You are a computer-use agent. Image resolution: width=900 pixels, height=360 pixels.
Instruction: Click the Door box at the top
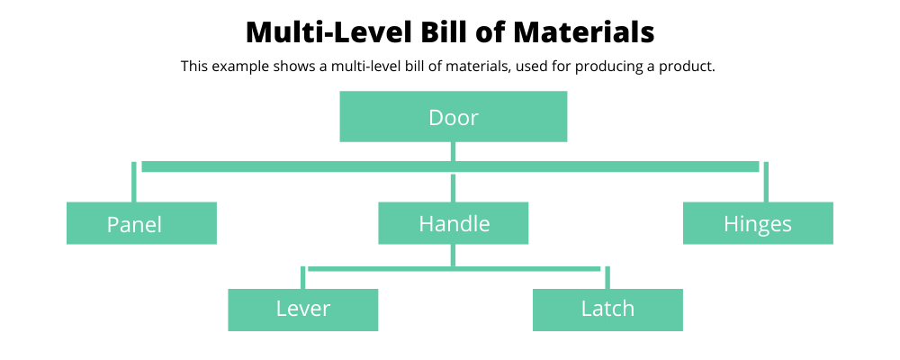(454, 117)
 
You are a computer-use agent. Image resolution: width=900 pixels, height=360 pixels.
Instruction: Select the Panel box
(142, 223)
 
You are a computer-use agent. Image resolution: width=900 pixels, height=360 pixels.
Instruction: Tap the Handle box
(454, 223)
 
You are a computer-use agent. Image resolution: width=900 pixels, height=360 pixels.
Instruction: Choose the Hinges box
(758, 223)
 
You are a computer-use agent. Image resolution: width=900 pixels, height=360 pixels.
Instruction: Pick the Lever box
(303, 310)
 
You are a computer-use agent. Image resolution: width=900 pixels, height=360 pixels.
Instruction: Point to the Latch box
(607, 310)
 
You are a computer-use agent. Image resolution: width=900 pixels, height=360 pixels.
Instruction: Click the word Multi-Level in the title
(328, 32)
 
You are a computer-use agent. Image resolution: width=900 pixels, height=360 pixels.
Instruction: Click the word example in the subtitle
(241, 67)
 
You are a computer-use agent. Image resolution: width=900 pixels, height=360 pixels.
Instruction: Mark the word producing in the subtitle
(606, 67)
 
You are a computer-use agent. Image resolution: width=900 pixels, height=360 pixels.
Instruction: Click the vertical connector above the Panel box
(134, 182)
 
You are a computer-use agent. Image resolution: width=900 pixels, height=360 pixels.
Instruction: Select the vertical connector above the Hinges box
(766, 182)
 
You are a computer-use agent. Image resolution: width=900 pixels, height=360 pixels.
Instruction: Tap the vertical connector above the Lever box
(303, 278)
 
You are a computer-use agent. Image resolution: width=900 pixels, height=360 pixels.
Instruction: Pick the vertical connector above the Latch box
(607, 278)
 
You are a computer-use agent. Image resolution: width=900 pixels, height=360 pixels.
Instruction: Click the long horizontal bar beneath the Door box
(451, 166)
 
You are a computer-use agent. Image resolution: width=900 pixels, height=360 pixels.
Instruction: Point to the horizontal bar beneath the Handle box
(454, 269)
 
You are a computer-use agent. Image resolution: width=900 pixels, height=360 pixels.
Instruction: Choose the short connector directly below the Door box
(454, 151)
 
